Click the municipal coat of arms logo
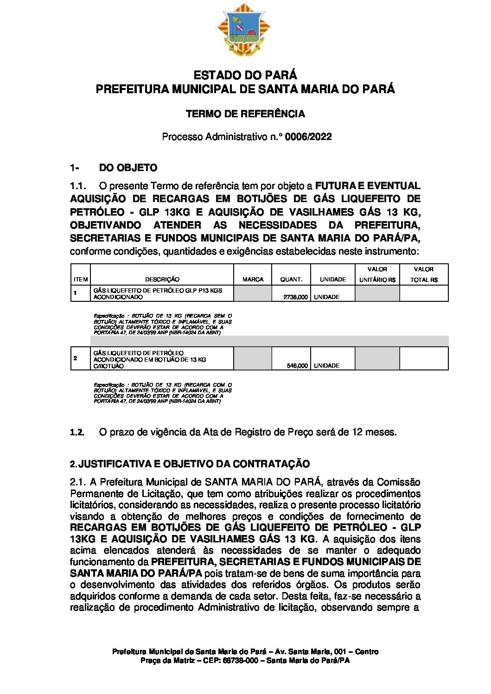click(245, 30)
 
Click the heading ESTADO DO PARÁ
click(245, 75)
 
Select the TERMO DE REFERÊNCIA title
click(245, 114)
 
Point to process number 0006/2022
click(308, 137)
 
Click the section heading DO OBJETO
click(128, 168)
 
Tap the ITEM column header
click(81, 280)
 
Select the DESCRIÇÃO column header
click(162, 280)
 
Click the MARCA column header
click(253, 280)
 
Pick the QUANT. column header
click(291, 280)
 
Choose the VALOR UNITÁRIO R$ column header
click(377, 274)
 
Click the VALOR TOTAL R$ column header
click(424, 274)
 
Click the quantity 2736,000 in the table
click(295, 297)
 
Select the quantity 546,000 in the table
click(297, 366)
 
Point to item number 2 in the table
click(76, 358)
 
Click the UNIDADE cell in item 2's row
click(327, 366)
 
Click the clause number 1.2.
click(77, 433)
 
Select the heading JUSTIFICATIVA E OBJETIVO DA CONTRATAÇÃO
click(194, 464)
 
